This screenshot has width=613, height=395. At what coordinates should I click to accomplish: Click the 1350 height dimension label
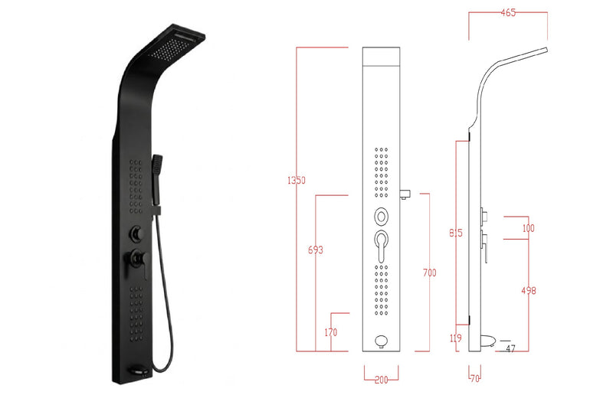[x=297, y=181]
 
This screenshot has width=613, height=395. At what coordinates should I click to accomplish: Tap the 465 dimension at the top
[x=508, y=12]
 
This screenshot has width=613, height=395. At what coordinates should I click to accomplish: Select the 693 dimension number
[x=316, y=250]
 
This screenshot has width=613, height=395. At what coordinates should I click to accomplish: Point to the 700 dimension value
[x=429, y=273]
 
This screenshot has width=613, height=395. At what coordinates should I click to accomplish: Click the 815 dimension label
[x=456, y=233]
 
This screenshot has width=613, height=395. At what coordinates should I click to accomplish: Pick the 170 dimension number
[x=331, y=332]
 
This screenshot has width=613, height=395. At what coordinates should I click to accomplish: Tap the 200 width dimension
[x=381, y=380]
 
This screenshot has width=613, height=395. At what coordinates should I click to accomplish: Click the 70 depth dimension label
[x=475, y=379]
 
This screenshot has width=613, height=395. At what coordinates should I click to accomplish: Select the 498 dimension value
[x=529, y=290]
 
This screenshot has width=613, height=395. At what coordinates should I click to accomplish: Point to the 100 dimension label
[x=529, y=228]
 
